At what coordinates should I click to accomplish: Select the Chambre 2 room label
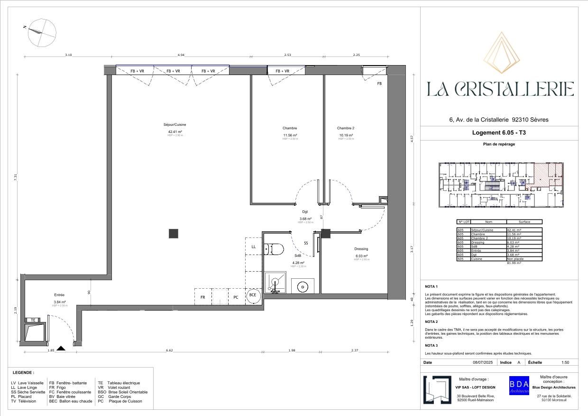pyautogui.click(x=345, y=128)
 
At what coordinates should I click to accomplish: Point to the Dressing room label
pyautogui.click(x=361, y=249)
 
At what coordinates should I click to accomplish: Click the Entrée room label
pyautogui.click(x=59, y=295)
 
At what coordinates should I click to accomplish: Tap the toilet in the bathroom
pyautogui.click(x=275, y=248)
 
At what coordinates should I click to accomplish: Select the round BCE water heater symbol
pyautogui.click(x=253, y=295)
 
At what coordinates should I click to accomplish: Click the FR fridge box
pyautogui.click(x=202, y=297)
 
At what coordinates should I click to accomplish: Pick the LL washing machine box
pyautogui.click(x=254, y=247)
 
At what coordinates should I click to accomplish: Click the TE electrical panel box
pyautogui.click(x=33, y=321)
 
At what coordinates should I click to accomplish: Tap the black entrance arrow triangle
pyautogui.click(x=61, y=348)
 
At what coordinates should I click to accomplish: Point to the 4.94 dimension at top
pyautogui.click(x=181, y=56)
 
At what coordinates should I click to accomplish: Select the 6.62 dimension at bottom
pyautogui.click(x=169, y=350)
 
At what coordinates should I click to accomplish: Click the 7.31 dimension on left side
pyautogui.click(x=16, y=176)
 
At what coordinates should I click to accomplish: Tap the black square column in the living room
pyautogui.click(x=174, y=233)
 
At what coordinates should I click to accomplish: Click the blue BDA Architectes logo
pyautogui.click(x=519, y=386)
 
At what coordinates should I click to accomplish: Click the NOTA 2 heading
pyautogui.click(x=431, y=322)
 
